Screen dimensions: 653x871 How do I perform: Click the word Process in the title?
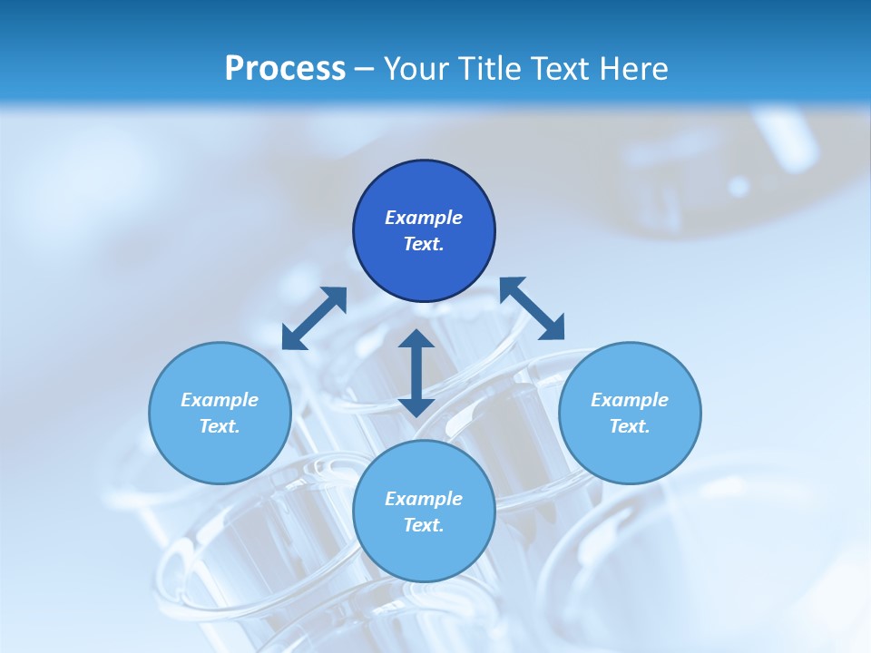(x=285, y=69)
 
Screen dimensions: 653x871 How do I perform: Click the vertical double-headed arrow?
(x=416, y=373)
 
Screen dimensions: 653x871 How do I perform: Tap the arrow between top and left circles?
(x=314, y=318)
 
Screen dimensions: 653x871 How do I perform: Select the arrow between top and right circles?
(x=533, y=308)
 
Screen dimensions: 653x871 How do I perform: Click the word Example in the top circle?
(x=424, y=218)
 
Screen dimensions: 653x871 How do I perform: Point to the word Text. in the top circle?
(x=424, y=244)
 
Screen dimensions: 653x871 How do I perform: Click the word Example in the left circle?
(x=220, y=400)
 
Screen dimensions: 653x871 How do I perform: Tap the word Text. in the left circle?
(x=220, y=426)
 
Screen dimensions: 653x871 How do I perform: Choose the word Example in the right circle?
(x=630, y=400)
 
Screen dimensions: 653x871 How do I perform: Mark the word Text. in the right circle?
(x=630, y=426)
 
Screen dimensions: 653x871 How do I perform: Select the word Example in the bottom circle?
(x=424, y=499)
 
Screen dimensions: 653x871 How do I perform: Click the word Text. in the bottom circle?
(x=424, y=525)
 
